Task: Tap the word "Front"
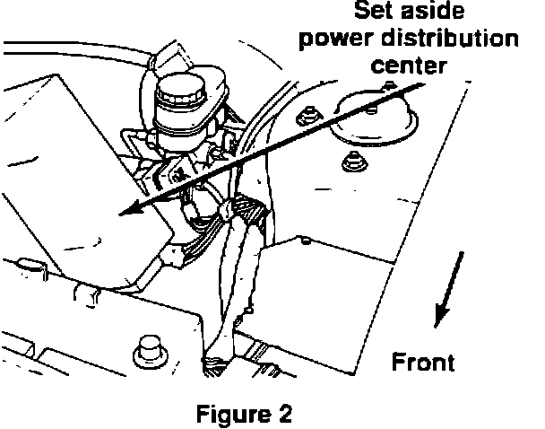(424, 362)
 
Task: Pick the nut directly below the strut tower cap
(352, 163)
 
